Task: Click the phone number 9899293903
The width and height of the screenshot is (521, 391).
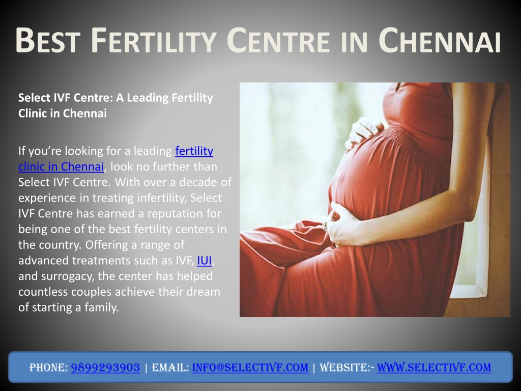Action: point(105,368)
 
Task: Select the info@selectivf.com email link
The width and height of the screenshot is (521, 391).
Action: point(250,368)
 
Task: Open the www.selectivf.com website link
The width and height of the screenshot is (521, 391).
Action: point(434,368)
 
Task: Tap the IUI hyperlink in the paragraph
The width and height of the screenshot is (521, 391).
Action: point(205,260)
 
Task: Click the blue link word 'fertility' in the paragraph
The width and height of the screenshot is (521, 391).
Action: point(194,151)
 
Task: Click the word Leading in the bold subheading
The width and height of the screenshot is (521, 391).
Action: point(148,98)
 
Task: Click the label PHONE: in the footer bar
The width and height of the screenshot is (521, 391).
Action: point(48,368)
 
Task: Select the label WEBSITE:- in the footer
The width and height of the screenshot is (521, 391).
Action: point(346,368)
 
